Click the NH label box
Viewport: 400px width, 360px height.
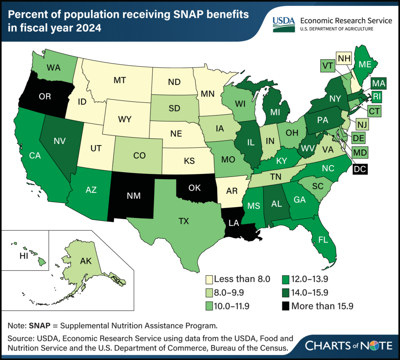click(x=343, y=59)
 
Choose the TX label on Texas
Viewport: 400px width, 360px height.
click(x=183, y=221)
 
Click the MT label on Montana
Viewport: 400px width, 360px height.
click(x=120, y=80)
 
